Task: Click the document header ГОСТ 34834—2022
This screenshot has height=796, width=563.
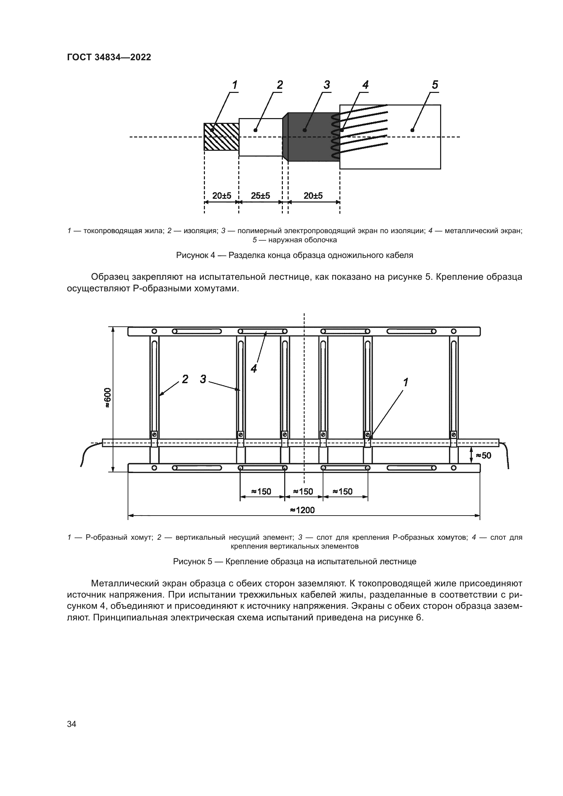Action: click(109, 57)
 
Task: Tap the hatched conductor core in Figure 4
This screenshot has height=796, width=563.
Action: click(221, 136)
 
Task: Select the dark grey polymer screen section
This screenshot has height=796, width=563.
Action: click(308, 136)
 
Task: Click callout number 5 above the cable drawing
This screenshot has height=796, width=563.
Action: click(435, 85)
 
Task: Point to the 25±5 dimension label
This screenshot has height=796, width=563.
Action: click(260, 196)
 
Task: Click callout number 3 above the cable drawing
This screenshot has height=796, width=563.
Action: click(326, 85)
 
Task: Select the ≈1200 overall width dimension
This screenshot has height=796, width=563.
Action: click(303, 510)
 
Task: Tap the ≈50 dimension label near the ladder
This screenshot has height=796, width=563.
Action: click(484, 455)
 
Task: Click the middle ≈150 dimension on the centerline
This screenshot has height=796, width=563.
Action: click(303, 491)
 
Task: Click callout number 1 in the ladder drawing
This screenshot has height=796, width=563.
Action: click(405, 383)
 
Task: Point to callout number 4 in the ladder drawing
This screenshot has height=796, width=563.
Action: click(254, 369)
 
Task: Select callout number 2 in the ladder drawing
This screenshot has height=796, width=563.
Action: click(185, 379)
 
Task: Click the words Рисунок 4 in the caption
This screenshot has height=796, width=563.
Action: click(195, 256)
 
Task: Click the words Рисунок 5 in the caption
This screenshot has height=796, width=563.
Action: click(192, 562)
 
